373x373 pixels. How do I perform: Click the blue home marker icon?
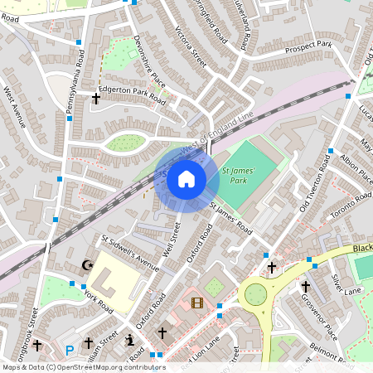(186, 178)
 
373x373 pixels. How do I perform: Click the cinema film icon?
(196, 303)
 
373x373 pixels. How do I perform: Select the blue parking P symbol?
(70, 350)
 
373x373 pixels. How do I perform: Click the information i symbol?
(129, 339)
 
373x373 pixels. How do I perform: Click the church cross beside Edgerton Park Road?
(95, 99)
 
